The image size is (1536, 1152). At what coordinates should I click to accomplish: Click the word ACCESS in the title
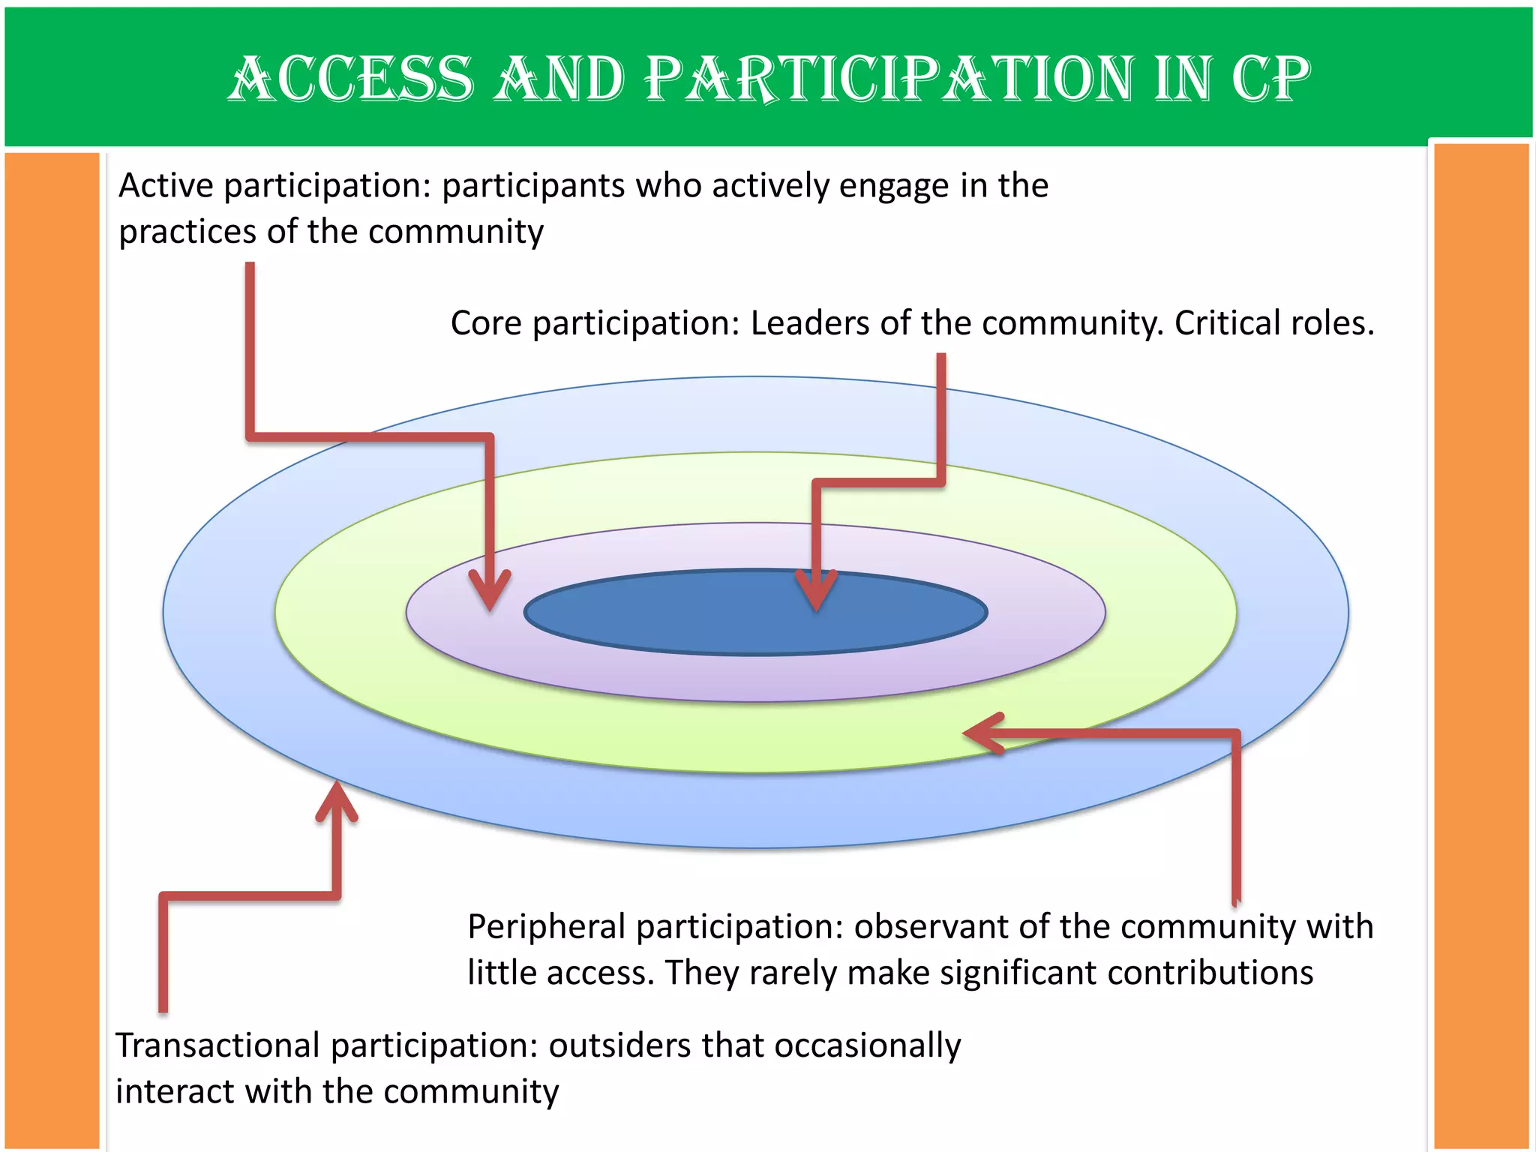click(x=351, y=79)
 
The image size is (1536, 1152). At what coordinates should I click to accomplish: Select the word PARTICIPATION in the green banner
click(x=887, y=79)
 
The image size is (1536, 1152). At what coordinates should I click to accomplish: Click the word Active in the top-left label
click(x=166, y=185)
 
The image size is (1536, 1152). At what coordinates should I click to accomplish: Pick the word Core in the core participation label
click(x=485, y=323)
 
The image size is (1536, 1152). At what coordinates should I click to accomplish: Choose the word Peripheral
click(x=546, y=927)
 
